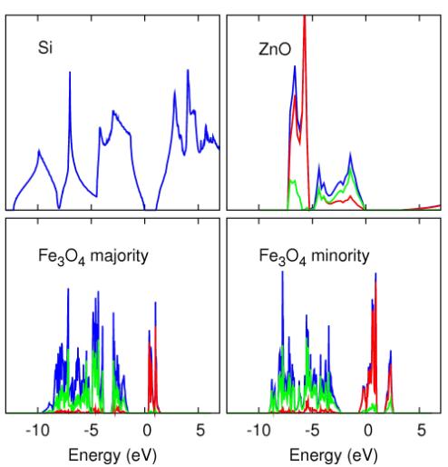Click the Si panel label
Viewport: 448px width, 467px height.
[45, 47]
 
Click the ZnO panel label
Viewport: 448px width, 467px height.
[275, 49]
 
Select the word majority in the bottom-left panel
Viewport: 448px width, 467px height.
[120, 256]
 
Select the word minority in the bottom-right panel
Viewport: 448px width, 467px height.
[340, 256]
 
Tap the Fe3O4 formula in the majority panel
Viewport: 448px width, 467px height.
[62, 257]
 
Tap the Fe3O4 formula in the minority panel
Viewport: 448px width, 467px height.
[283, 257]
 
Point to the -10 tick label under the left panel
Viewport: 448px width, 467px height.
[38, 430]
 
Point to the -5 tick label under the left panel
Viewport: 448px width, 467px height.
[92, 430]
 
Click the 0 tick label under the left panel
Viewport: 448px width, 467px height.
[147, 430]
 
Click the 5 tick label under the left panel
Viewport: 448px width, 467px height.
[200, 430]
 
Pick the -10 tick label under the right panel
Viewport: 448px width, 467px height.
[258, 430]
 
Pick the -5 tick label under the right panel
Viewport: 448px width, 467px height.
[312, 430]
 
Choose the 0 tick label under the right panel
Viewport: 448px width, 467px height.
[368, 430]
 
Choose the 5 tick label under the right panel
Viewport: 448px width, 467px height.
[422, 430]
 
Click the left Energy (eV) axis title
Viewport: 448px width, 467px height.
[112, 455]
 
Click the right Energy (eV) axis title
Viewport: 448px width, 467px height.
[334, 455]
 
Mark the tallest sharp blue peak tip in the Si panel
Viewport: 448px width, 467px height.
[70, 72]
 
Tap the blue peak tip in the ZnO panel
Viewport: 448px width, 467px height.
[295, 66]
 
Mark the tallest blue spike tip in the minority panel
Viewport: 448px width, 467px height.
[283, 272]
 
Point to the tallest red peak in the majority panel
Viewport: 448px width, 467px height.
[155, 326]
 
